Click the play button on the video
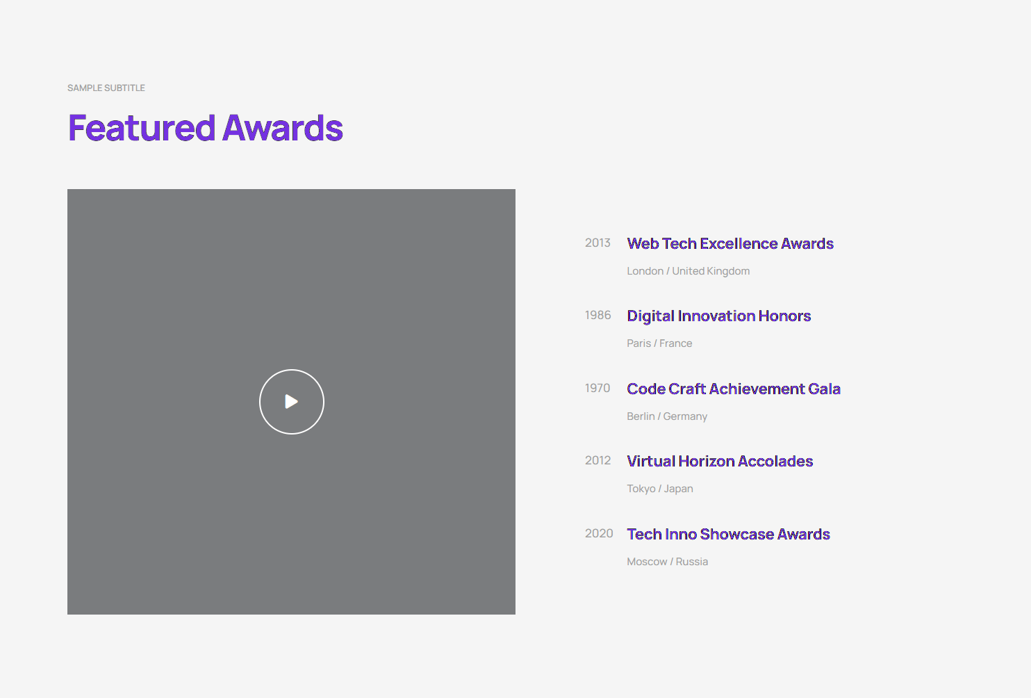pos(291,401)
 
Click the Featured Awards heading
pos(205,128)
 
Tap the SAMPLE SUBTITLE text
pos(106,88)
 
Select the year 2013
pos(597,243)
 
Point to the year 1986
pos(597,315)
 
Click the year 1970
pos(597,388)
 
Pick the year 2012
pos(597,460)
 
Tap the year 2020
pos(599,533)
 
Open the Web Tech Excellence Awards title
pos(730,243)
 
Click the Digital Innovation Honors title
pos(718,316)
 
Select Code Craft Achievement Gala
pos(733,389)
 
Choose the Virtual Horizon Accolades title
pos(720,461)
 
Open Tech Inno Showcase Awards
pos(728,534)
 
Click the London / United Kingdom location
pos(688,271)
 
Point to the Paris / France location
pos(659,343)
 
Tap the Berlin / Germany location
pos(667,416)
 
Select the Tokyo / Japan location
pos(659,489)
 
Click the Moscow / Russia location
pos(667,562)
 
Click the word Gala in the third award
pos(824,389)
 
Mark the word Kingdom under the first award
pos(729,271)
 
